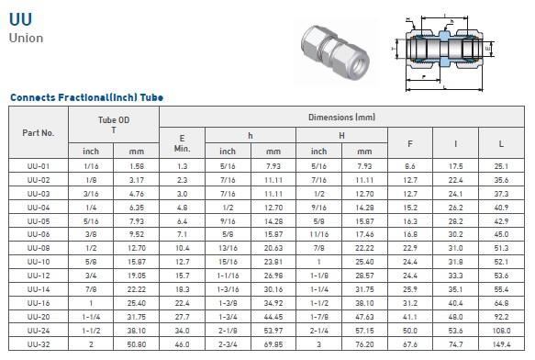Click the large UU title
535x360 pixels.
20,19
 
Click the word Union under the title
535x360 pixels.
26,38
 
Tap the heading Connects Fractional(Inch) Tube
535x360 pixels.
86,97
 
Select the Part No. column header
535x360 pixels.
39,133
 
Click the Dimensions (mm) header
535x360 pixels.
341,118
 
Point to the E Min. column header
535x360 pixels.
182,143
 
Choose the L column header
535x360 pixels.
501,144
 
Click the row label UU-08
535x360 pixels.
39,248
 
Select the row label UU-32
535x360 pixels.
39,344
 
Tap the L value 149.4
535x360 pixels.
501,344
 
